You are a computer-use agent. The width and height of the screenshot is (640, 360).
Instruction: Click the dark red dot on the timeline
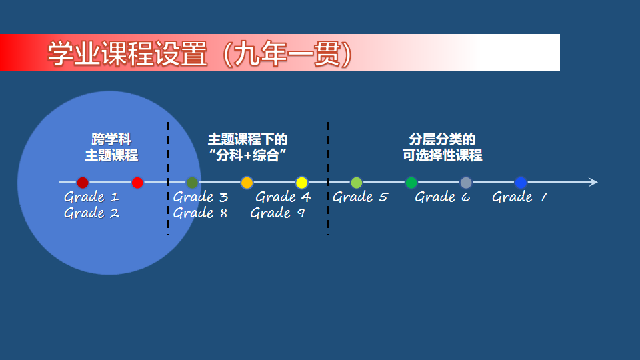[x=83, y=183]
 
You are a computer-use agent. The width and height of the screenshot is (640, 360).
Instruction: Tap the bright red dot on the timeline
[x=137, y=183]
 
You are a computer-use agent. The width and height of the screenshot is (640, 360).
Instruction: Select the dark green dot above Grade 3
[x=192, y=183]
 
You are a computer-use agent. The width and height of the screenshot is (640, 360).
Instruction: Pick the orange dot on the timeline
[x=247, y=183]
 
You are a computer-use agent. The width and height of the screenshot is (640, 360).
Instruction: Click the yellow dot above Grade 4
[x=301, y=183]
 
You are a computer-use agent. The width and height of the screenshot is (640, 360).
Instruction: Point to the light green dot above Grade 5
[x=357, y=183]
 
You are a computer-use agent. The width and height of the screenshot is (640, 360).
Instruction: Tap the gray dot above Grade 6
[x=466, y=183]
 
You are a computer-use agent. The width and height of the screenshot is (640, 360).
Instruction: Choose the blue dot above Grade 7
[x=521, y=183]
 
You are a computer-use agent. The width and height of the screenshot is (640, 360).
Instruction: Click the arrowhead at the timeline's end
[x=593, y=183]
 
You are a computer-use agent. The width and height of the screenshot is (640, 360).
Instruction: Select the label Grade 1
[x=91, y=197]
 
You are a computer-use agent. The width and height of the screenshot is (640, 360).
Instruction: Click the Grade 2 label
[x=91, y=213]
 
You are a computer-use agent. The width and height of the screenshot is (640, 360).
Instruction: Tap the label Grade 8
[x=200, y=213]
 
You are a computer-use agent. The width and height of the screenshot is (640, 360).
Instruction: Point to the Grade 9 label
[x=277, y=213]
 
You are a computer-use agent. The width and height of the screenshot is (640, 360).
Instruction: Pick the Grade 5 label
[x=360, y=197]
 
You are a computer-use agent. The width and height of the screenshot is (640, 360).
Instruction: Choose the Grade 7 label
[x=519, y=197]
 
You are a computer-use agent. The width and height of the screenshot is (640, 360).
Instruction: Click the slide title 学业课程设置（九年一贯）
[x=200, y=54]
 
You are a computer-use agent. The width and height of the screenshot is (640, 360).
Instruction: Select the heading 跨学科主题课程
[x=111, y=147]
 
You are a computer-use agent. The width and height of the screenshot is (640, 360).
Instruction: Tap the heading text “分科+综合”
[x=247, y=156]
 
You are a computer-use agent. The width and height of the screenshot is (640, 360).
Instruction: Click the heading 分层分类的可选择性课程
[x=442, y=147]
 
